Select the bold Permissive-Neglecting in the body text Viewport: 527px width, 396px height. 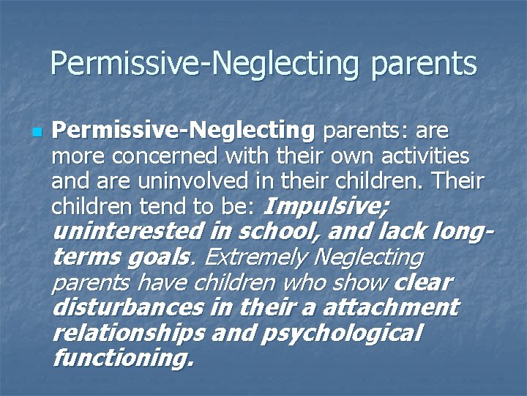tap(184, 131)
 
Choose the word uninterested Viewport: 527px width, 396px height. tap(129, 232)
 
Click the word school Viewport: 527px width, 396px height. tap(277, 232)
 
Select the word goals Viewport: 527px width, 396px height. tap(153, 257)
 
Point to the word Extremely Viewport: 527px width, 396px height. tap(252, 257)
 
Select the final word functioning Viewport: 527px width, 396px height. tap(123, 358)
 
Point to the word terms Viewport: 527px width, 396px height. tap(83, 257)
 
